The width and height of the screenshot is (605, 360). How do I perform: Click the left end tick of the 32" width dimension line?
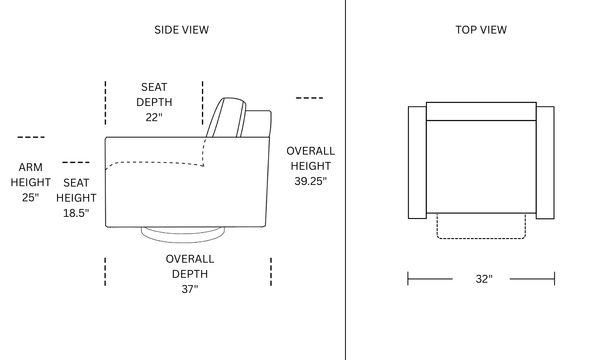408,279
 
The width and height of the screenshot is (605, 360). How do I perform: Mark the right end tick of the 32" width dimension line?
554,279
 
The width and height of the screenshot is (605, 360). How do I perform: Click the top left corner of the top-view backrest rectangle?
426,102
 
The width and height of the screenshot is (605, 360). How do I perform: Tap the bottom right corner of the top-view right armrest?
554,218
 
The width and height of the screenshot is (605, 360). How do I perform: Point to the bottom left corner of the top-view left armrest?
408,218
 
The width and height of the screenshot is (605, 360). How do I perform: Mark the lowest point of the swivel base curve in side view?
183,243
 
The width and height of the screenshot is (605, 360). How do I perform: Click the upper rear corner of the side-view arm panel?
269,137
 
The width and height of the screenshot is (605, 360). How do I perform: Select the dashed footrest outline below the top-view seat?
481,226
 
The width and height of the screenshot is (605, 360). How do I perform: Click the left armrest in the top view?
417,162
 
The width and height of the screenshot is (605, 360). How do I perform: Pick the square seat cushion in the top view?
481,167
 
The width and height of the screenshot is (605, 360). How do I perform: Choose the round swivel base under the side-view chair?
183,234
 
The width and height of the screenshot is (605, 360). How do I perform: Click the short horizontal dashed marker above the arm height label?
31,137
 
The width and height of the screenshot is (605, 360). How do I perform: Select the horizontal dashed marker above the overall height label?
309,98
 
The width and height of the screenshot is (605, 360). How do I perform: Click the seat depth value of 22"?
154,117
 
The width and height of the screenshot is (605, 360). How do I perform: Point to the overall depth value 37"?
190,289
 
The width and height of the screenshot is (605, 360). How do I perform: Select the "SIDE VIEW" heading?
181,30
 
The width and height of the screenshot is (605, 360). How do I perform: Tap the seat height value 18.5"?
76,213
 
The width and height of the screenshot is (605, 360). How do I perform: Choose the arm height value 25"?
30,198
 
